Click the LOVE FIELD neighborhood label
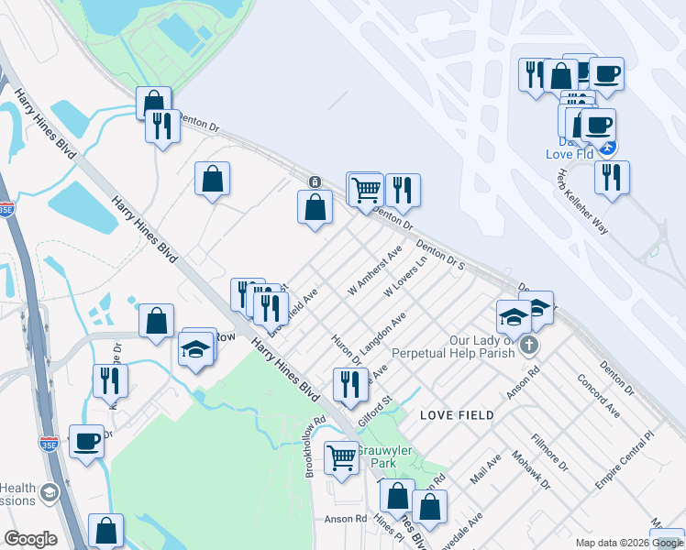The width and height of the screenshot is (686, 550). [x=457, y=415]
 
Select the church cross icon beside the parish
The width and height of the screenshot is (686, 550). [x=527, y=346]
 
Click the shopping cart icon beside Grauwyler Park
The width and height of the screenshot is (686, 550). [x=342, y=456]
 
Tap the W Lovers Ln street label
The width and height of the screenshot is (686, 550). [x=406, y=276]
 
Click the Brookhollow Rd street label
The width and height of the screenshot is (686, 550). [x=315, y=449]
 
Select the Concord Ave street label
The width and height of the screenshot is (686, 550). [x=599, y=395]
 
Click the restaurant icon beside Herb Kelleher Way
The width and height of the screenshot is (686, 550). [x=612, y=176]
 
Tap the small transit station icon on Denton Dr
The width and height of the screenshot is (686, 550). [x=315, y=181]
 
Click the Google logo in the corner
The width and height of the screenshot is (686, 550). [x=30, y=539]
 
